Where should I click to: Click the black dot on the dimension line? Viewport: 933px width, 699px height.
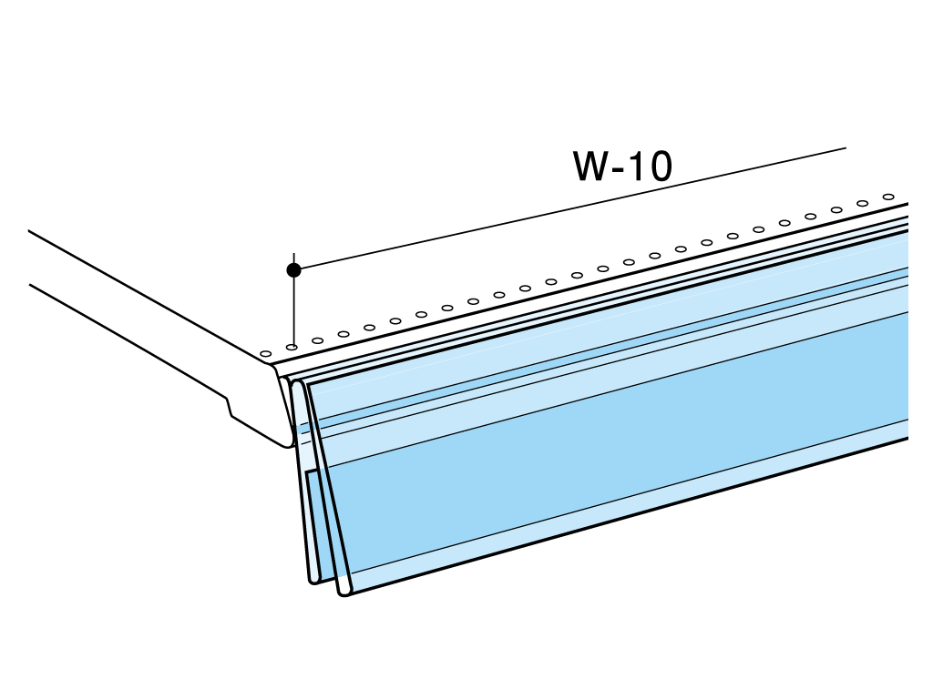[294, 269]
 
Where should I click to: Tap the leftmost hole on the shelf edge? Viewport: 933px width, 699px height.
[266, 354]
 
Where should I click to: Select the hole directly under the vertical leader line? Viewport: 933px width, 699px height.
[292, 347]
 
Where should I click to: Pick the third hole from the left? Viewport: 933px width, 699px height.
[318, 340]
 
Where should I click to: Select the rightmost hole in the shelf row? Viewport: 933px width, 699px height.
[888, 197]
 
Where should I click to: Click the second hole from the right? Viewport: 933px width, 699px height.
[863, 203]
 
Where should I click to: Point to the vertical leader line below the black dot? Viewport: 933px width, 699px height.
[294, 310]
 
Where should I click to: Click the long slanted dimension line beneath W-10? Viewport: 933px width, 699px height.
[570, 208]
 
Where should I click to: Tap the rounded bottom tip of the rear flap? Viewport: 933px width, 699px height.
[313, 580]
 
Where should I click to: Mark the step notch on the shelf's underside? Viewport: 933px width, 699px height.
[229, 406]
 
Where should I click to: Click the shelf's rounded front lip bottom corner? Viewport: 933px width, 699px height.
[288, 443]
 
